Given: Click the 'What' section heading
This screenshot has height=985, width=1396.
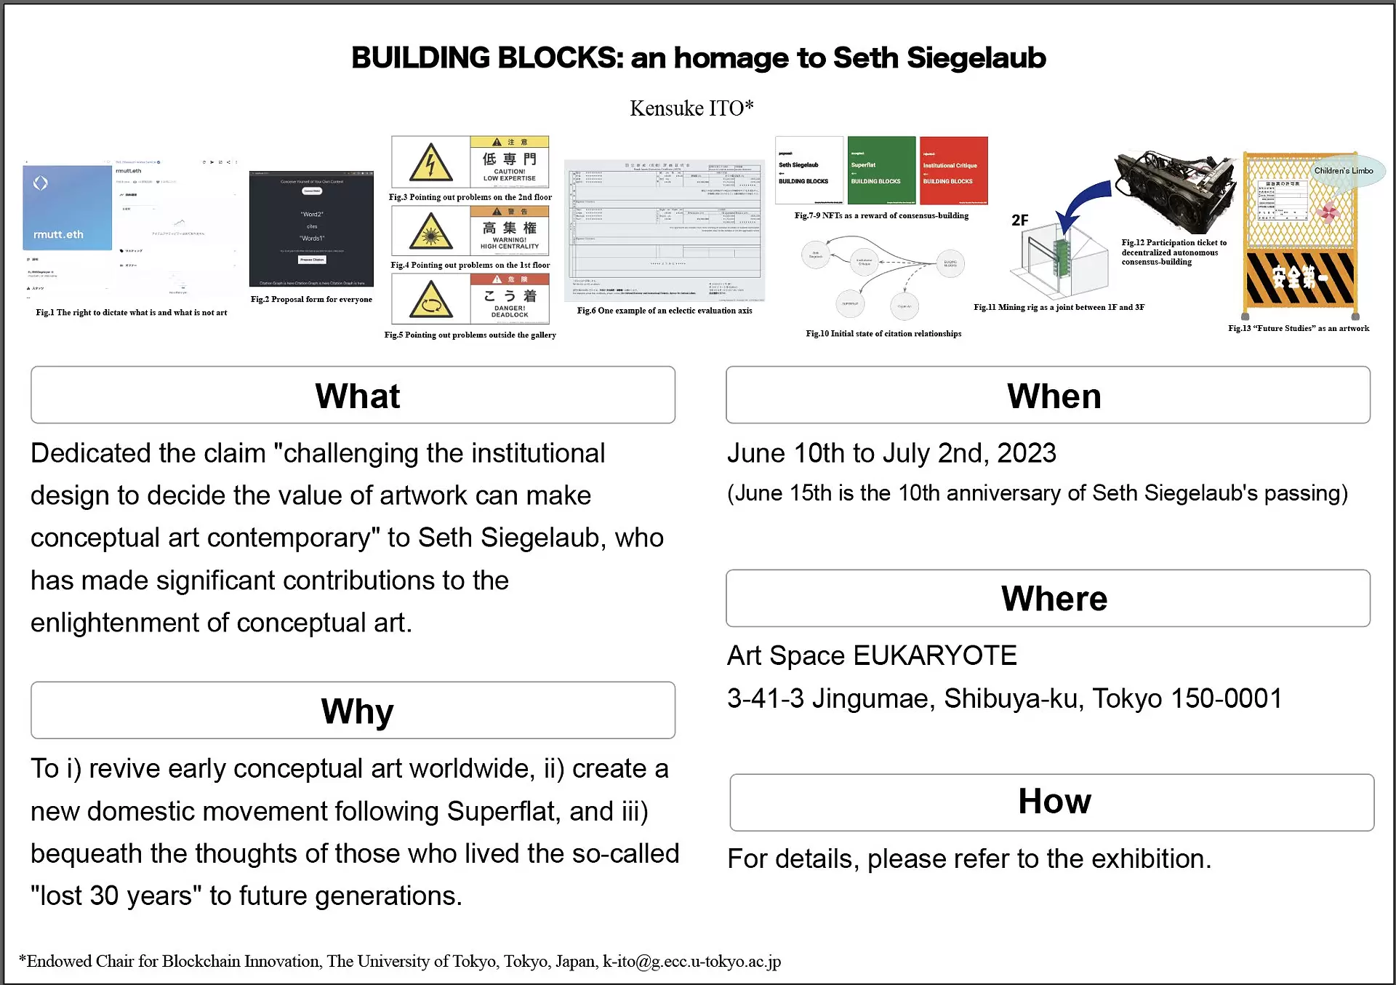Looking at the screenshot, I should click(357, 396).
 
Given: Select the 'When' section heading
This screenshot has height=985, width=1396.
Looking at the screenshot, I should click(1054, 396).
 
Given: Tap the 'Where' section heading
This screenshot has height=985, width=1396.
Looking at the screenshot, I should click(1054, 599).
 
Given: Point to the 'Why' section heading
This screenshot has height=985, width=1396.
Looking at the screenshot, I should click(357, 711).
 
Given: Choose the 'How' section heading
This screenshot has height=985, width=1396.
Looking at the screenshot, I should click(1054, 802).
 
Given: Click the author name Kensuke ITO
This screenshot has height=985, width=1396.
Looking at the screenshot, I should click(691, 108).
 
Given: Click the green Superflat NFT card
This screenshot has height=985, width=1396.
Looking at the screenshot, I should click(881, 170).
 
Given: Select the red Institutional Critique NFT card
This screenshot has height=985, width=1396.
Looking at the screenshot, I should click(953, 170).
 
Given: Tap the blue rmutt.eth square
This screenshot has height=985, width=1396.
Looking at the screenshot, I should click(67, 208).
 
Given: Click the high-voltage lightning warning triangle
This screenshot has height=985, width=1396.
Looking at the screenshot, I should click(430, 163).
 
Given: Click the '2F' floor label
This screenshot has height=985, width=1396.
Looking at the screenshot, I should click(1019, 220).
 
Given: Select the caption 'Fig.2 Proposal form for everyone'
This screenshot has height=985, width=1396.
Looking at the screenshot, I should click(311, 300).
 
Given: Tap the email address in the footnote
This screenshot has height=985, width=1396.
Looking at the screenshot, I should click(691, 962).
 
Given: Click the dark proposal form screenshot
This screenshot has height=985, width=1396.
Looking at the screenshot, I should click(311, 229).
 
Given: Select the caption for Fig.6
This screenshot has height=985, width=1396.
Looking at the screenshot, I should click(665, 311).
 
